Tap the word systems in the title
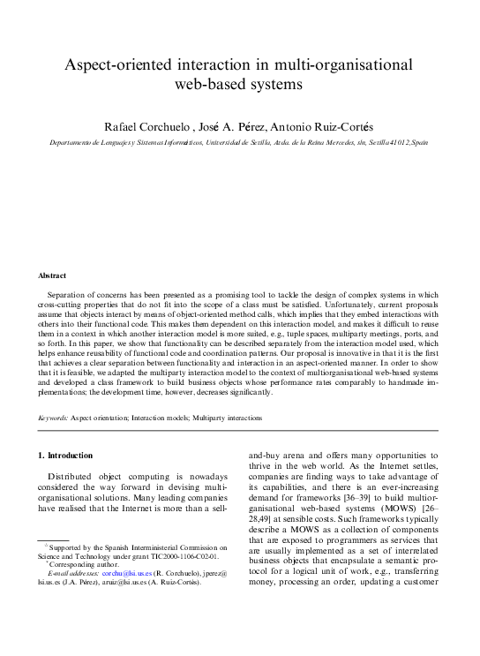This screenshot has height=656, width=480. (273, 85)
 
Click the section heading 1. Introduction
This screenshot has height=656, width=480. (64, 456)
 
